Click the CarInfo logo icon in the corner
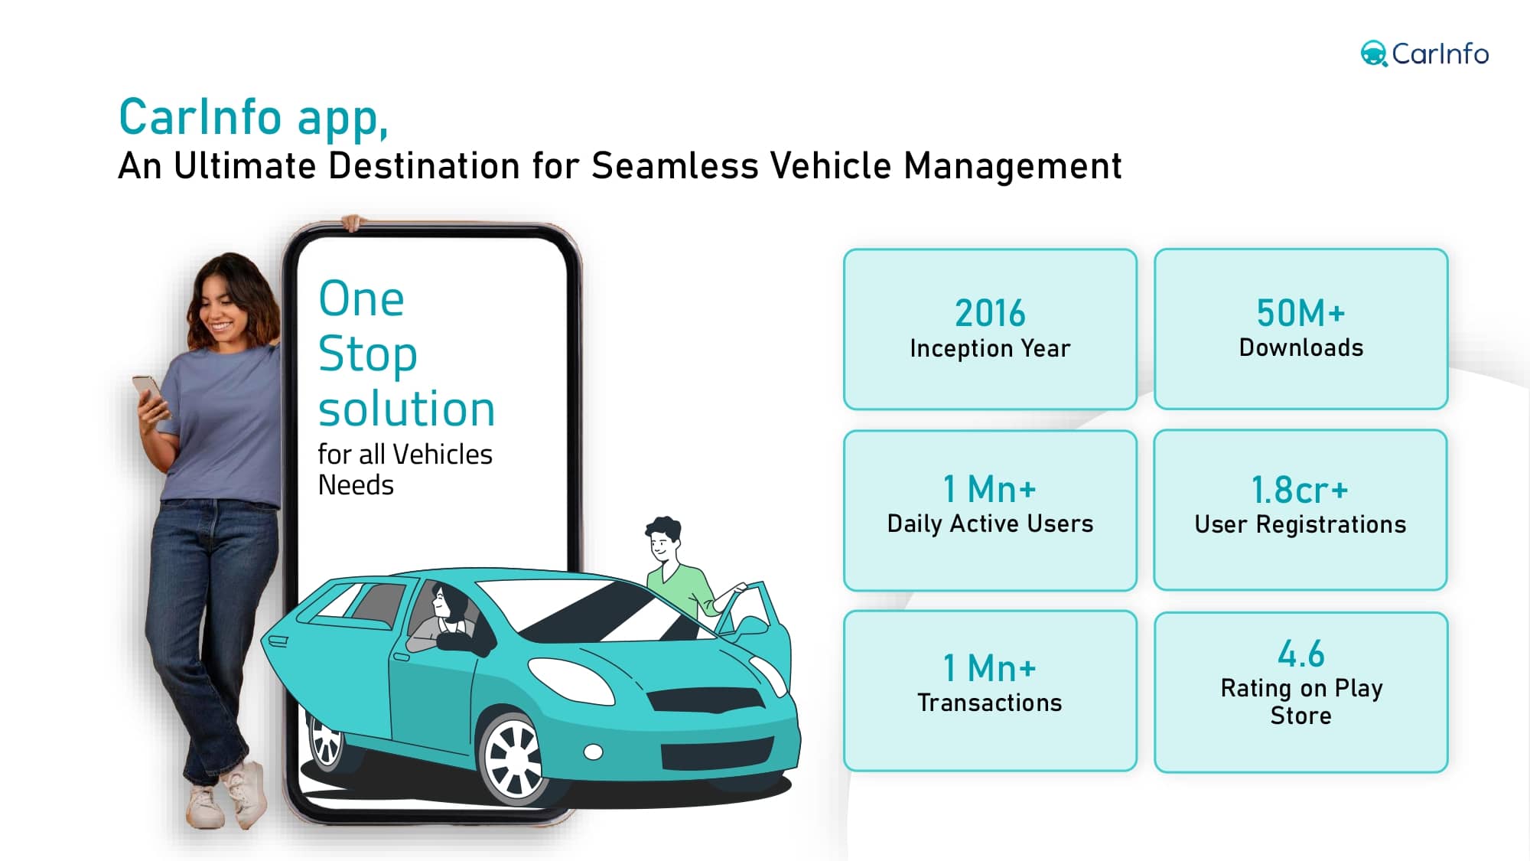(1374, 54)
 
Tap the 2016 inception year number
(990, 313)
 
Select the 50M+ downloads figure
(1300, 312)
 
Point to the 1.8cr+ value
(1300, 490)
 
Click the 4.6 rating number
(1300, 654)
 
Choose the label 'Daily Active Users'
(990, 523)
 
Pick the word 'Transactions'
(990, 703)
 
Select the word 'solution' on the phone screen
(407, 409)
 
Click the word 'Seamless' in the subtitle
(674, 165)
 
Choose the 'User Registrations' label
(1300, 524)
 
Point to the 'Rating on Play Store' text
(1300, 702)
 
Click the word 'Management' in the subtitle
(1012, 165)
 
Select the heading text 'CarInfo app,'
(254, 118)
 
